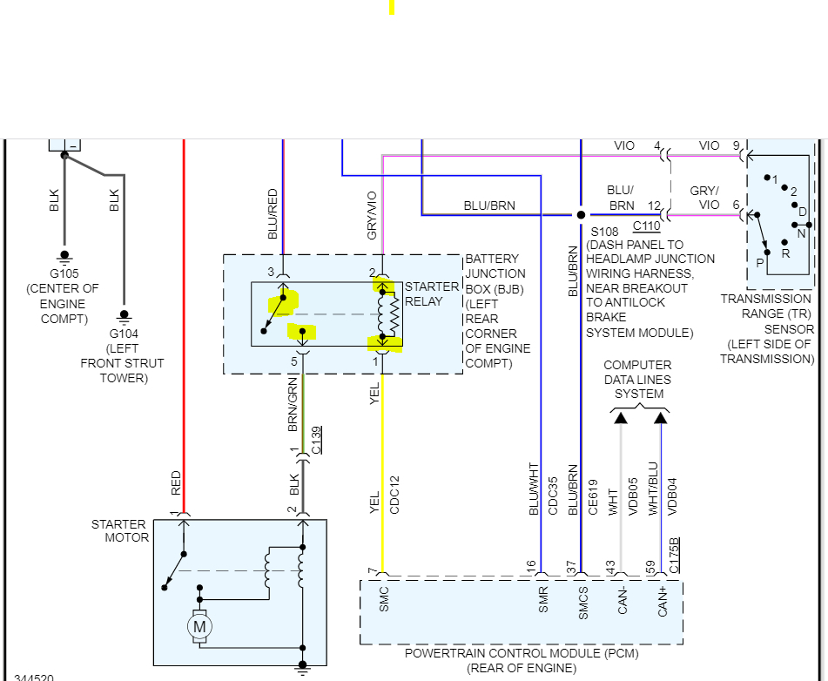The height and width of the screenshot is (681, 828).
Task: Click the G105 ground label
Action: [x=64, y=273]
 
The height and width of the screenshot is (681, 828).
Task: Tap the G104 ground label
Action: [x=124, y=334]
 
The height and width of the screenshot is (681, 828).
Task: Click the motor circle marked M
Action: [x=200, y=625]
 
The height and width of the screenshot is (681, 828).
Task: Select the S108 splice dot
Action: [x=581, y=214]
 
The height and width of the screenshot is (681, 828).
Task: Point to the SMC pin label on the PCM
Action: [x=384, y=600]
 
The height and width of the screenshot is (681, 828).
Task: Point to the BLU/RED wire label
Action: [x=273, y=213]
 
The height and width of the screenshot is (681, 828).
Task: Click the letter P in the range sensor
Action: [x=759, y=262]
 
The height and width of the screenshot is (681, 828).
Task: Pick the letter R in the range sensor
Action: [x=785, y=253]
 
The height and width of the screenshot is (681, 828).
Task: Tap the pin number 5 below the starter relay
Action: [x=294, y=361]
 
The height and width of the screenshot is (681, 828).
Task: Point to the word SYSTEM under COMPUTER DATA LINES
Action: [x=639, y=394]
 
